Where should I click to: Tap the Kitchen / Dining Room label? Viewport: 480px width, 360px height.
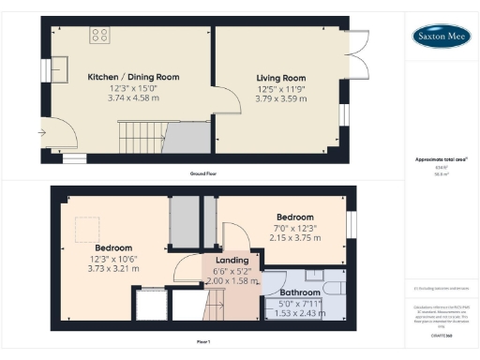[x=133, y=77]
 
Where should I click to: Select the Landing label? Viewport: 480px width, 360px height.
[x=232, y=260]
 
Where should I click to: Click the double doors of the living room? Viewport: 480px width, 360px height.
[x=354, y=54]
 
